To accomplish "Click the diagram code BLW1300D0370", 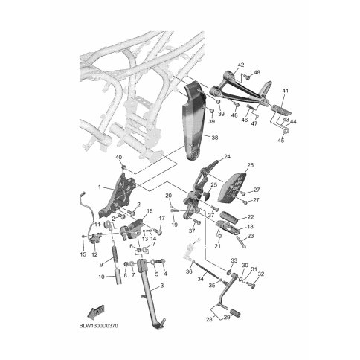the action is pos(98,326).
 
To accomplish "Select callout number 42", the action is pos(241,65).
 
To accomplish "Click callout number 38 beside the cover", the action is pos(215,137).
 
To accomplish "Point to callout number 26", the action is pos(251,165).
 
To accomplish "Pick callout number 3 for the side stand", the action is pos(162,286).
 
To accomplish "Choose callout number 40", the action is pos(119,158).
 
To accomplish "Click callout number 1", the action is pos(100,187).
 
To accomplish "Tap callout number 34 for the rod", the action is pos(200,279).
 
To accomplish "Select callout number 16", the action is pos(150,211).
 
